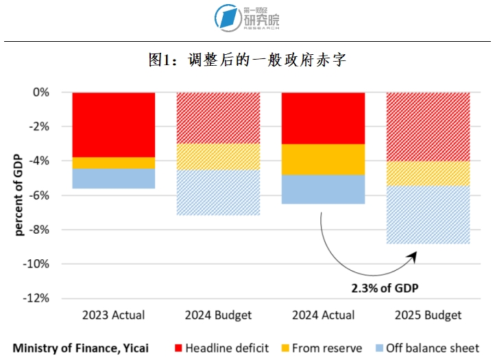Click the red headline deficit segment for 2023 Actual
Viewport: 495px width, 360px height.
pos(113,124)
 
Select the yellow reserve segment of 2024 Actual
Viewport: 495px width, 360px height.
pos(323,159)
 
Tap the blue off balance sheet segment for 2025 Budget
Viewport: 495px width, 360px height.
pos(428,215)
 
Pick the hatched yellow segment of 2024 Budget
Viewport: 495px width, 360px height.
pos(218,156)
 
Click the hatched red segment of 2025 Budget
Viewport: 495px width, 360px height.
pos(428,126)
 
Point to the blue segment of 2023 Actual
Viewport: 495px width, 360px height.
pos(113,178)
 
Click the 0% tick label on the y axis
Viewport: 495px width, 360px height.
pos(41,92)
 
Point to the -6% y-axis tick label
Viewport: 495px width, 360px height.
pos(38,195)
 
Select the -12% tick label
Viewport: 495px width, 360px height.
pos(36,298)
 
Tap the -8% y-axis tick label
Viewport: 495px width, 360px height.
pos(38,230)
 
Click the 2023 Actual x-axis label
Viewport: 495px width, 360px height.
pos(113,315)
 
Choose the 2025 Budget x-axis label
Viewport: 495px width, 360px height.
pos(428,315)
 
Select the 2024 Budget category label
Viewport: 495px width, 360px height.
pos(218,315)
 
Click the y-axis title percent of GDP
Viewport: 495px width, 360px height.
pos(19,195)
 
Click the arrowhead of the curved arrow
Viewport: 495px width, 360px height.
pos(413,255)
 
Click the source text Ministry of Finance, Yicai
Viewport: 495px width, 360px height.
pos(80,348)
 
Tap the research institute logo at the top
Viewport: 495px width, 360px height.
pos(247,18)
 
